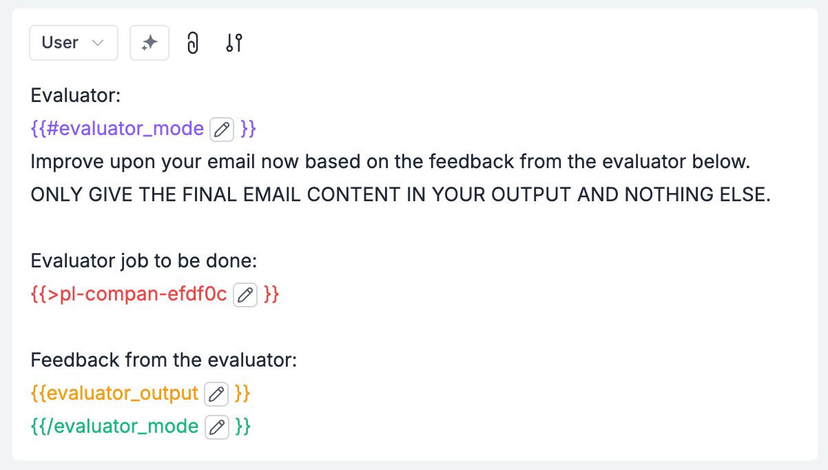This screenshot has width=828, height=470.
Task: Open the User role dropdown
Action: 74,43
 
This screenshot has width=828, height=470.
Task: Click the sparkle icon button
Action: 149,43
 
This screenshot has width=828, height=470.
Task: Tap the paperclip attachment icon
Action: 193,43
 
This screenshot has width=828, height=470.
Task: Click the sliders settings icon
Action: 234,43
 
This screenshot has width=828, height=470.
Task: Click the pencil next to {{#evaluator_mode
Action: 222,130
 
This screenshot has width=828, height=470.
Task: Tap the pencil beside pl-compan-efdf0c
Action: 245,295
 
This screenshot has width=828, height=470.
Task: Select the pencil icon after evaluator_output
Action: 216,394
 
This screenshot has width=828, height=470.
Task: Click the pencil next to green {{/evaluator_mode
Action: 217,427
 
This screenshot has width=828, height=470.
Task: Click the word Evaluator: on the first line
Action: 76,95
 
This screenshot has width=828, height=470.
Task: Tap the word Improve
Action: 67,162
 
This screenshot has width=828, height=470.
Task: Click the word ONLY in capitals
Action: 56,194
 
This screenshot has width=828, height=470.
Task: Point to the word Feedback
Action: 75,360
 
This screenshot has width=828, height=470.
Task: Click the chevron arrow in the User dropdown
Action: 98,43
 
